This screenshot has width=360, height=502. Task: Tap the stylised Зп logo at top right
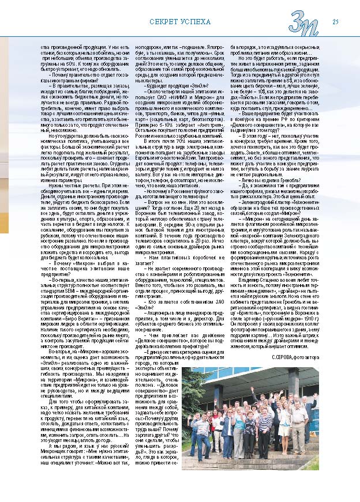tap(305, 24)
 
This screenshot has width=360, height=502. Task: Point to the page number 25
tap(335, 22)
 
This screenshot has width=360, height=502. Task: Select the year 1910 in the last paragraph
tap(322, 318)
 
